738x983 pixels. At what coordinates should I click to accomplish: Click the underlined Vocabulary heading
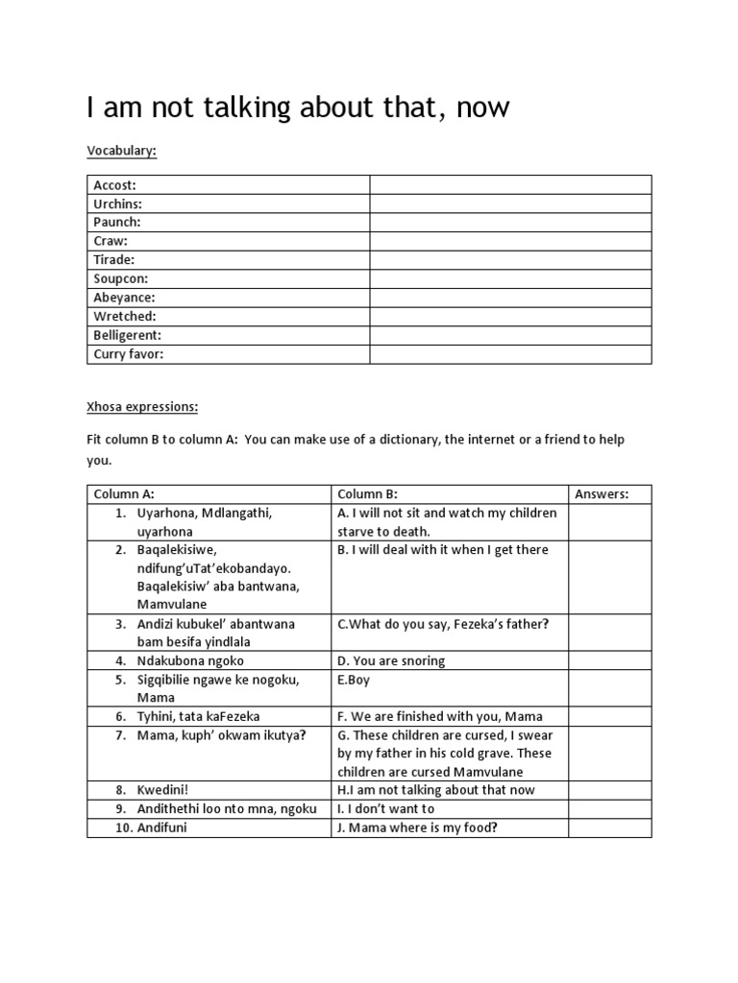coord(121,151)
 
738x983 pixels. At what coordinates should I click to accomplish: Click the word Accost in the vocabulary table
coord(114,185)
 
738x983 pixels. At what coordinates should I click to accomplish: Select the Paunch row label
coord(117,223)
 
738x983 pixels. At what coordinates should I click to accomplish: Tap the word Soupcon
coord(120,279)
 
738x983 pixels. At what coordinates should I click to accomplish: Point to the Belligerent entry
coord(127,335)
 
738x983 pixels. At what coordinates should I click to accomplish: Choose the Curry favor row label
coord(129,354)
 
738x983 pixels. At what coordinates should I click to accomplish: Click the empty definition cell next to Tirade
coord(510,260)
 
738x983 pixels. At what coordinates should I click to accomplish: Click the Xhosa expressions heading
coord(142,407)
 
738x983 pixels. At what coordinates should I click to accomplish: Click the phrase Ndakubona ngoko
coord(190,660)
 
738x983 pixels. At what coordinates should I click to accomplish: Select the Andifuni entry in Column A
coord(162,827)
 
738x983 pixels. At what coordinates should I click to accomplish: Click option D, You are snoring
coord(391,660)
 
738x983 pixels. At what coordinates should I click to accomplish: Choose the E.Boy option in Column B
coord(354,680)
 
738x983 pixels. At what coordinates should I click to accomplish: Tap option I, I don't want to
coord(385,808)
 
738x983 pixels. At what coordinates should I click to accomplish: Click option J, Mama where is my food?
coord(416,827)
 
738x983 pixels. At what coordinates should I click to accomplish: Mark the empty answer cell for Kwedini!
coord(609,790)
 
